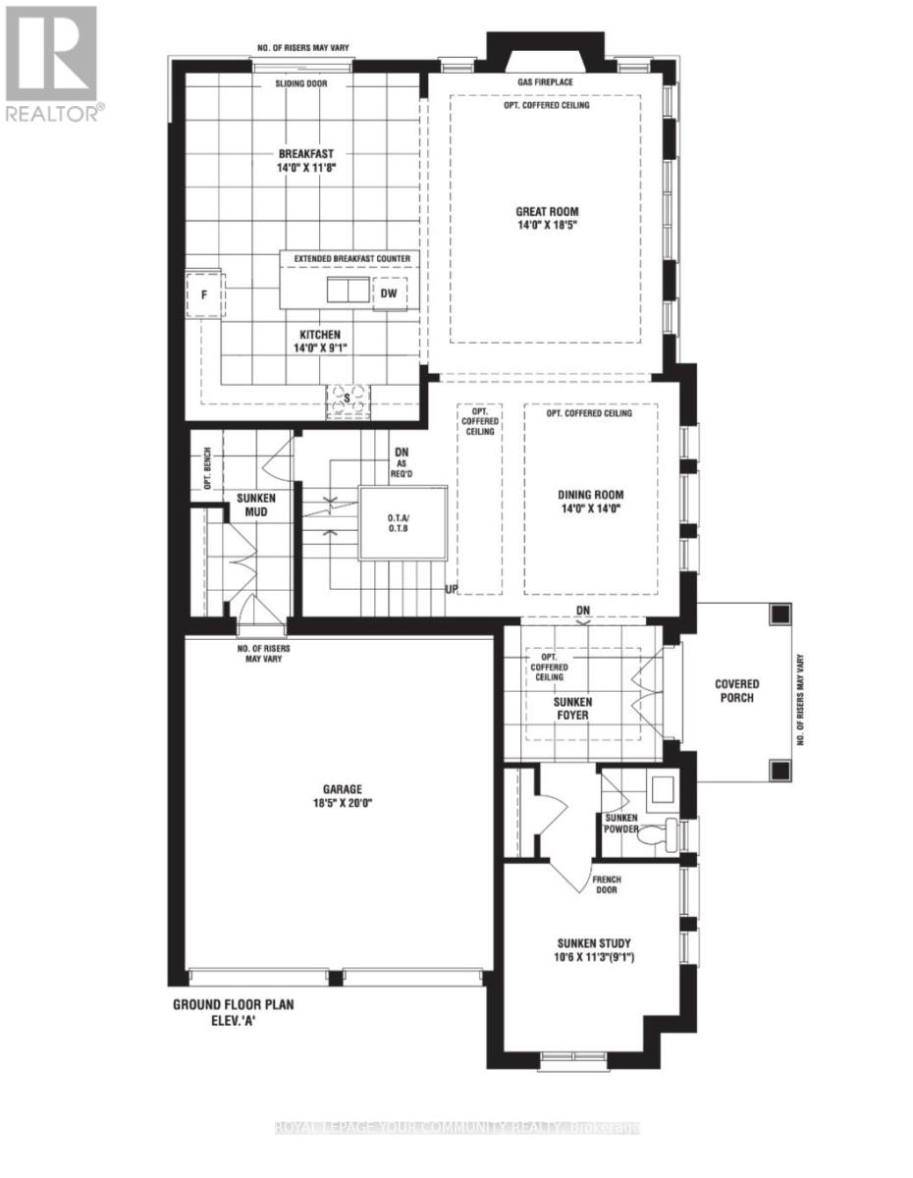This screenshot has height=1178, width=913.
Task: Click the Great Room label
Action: (x=547, y=211)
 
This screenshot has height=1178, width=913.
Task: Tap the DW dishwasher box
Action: (x=389, y=293)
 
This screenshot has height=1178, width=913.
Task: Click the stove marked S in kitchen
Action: (x=350, y=401)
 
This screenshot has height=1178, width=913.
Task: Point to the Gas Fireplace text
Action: (x=545, y=82)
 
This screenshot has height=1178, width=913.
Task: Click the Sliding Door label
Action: (x=301, y=84)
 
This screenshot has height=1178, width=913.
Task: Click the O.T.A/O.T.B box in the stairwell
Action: (x=403, y=521)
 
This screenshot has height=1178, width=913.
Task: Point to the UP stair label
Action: (x=453, y=590)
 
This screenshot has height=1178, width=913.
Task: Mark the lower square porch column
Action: (x=779, y=769)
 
